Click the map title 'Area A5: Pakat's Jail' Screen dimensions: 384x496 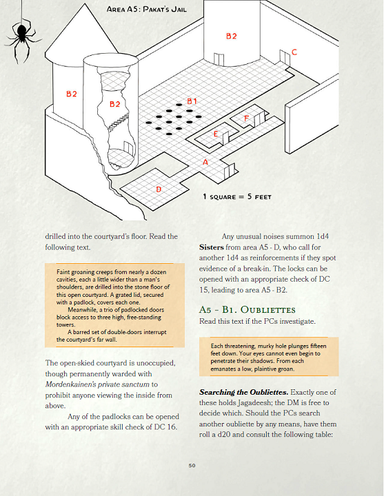[x=147, y=9]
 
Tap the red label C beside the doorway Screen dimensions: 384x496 [x=294, y=52]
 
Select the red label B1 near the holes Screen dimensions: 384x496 [x=192, y=101]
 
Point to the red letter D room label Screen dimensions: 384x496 [x=159, y=189]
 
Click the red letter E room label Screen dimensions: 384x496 [x=216, y=134]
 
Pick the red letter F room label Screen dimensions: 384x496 [x=246, y=118]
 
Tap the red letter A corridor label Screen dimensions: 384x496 [x=205, y=162]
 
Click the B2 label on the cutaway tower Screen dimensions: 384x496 [x=114, y=104]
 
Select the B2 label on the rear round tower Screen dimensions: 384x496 [x=231, y=36]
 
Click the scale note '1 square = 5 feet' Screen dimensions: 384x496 [x=237, y=197]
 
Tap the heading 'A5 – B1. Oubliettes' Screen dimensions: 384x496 [x=247, y=309]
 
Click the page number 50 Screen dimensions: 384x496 [x=192, y=466]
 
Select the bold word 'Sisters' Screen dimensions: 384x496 [x=212, y=247]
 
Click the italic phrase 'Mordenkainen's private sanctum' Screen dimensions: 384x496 [x=97, y=384]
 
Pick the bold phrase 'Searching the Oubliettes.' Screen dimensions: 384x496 [x=244, y=392]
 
